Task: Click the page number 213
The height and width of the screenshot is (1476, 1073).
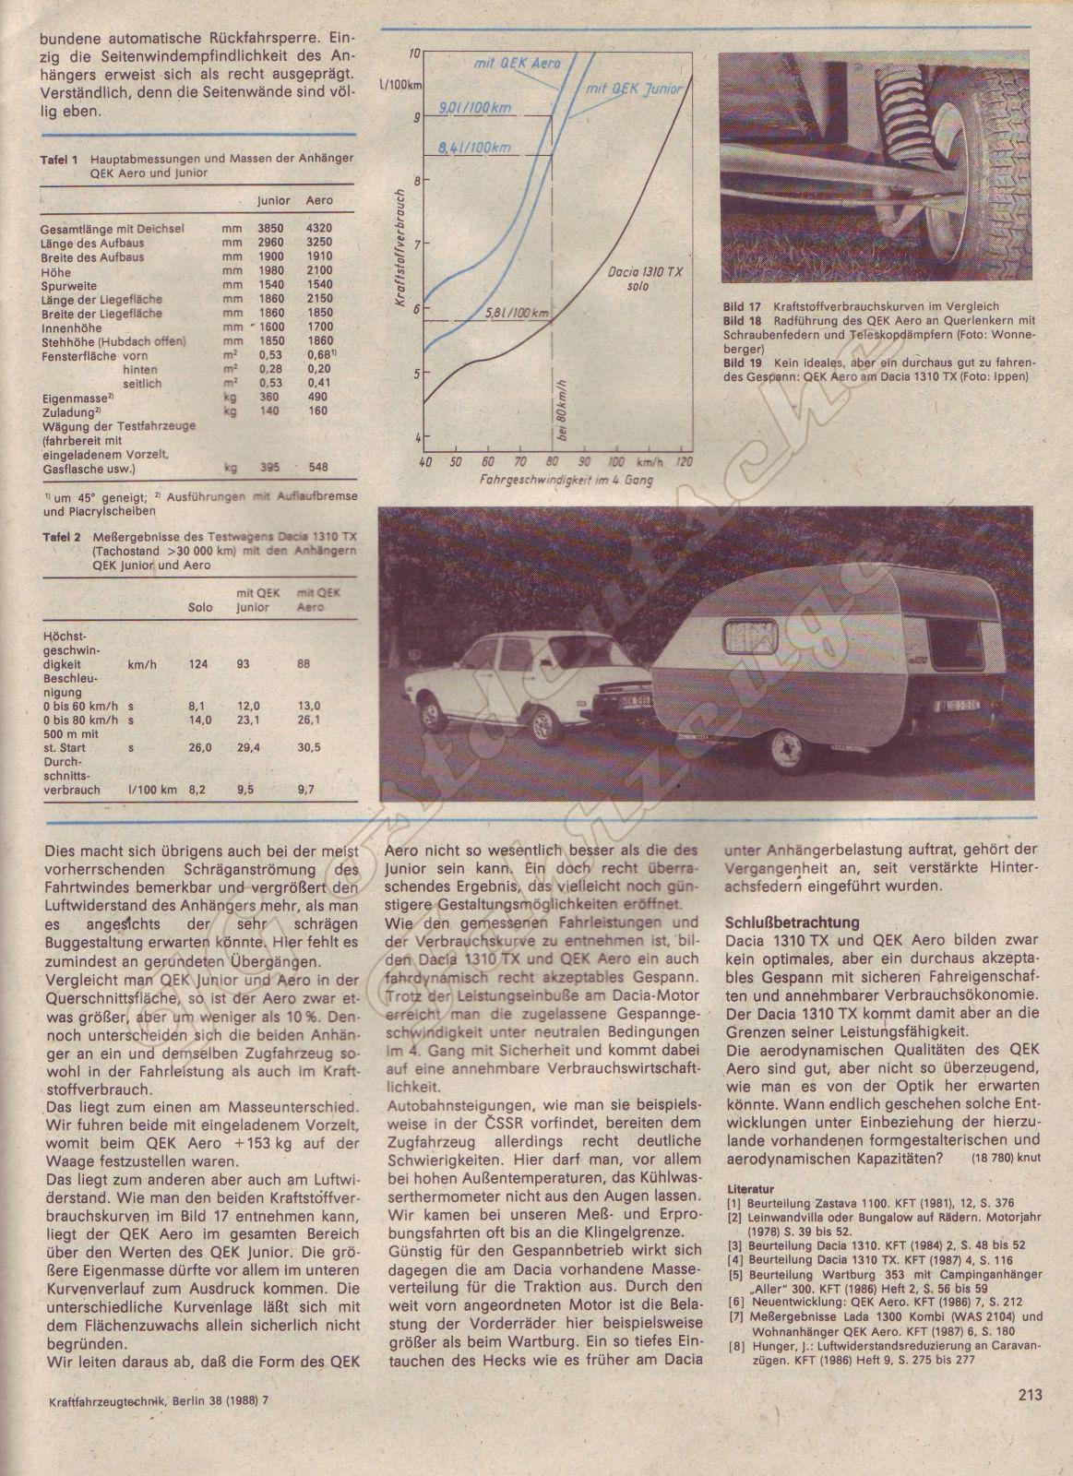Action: click(x=1031, y=1395)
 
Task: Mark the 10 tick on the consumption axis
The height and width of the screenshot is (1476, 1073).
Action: click(x=415, y=54)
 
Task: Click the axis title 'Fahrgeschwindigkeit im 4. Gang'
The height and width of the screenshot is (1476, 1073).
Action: click(x=559, y=482)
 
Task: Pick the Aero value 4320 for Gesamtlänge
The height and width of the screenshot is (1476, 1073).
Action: click(x=317, y=228)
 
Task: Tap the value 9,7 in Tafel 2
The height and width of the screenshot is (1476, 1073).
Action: click(x=305, y=791)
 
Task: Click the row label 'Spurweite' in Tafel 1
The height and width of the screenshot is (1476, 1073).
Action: click(x=69, y=286)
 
